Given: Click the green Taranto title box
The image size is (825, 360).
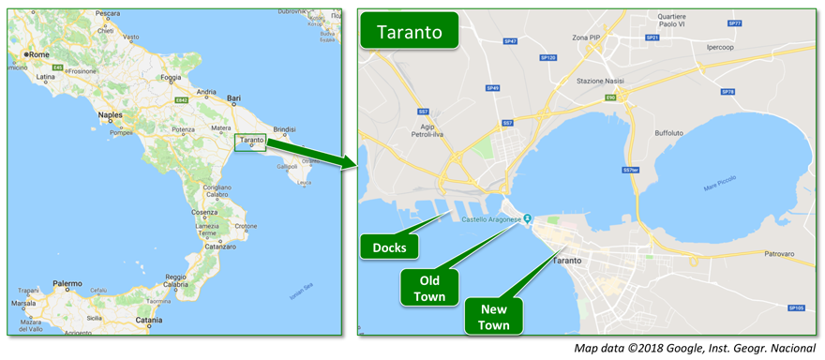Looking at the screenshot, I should click(410, 32).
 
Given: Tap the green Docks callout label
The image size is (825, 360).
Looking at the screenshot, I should click(389, 247).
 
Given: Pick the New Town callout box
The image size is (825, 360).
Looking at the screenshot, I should click(494, 317).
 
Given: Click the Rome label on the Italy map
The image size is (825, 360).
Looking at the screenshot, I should click(38, 54).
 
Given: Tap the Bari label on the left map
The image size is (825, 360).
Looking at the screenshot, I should click(235, 97).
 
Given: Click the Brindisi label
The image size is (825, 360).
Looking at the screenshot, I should click(284, 129).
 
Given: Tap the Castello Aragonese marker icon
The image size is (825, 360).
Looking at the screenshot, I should click(527, 219).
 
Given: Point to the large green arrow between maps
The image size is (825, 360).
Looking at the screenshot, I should click(319, 155).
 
